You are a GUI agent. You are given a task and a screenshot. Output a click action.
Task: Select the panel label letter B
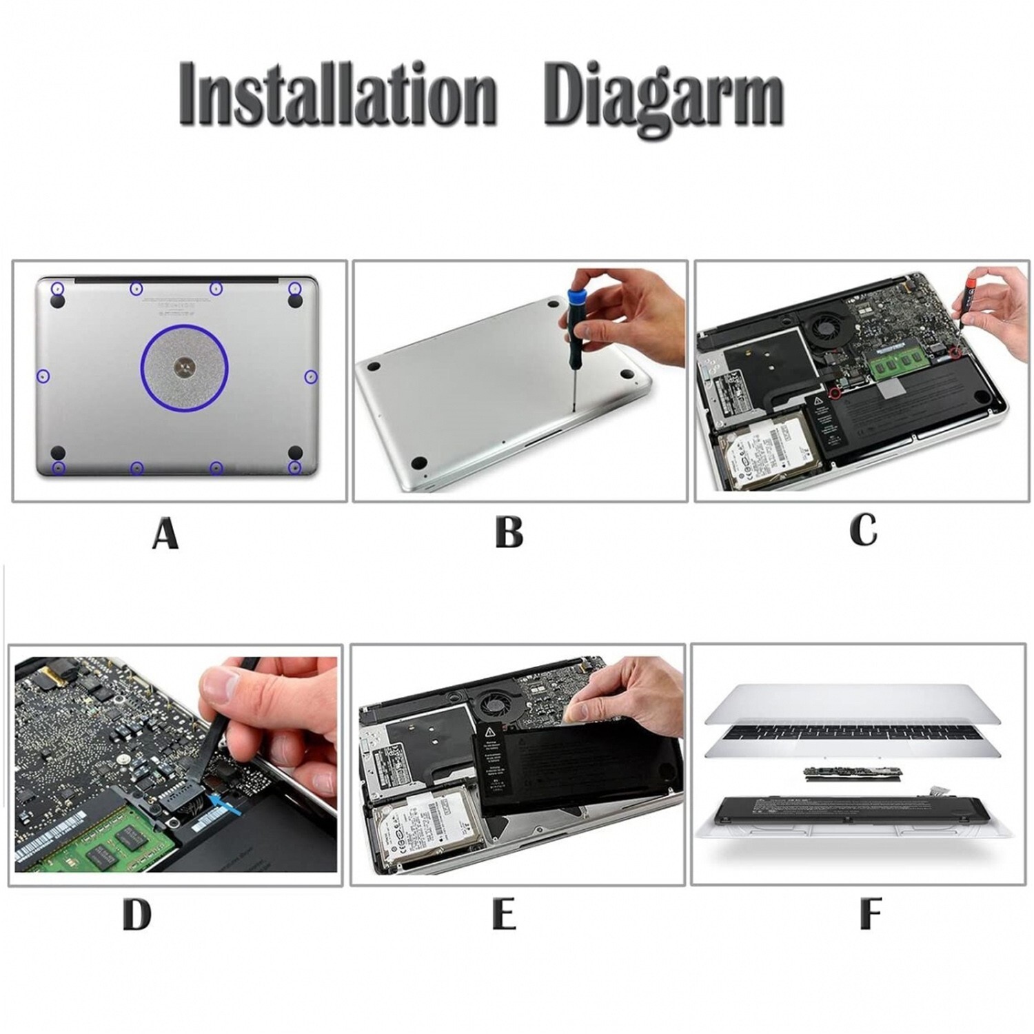click(509, 531)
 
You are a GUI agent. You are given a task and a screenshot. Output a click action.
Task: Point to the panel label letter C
click(863, 529)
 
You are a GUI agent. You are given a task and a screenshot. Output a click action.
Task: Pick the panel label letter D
click(137, 915)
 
